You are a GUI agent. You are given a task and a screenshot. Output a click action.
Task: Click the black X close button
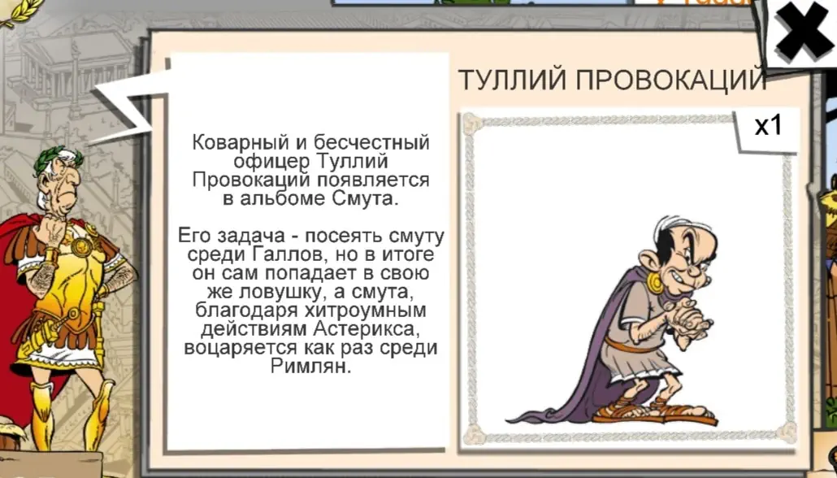(804, 30)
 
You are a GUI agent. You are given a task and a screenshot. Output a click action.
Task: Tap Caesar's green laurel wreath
(58, 159)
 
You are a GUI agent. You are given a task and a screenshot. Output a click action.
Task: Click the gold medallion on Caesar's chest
(82, 248)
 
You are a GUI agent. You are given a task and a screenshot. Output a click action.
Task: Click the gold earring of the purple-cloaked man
(655, 283)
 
